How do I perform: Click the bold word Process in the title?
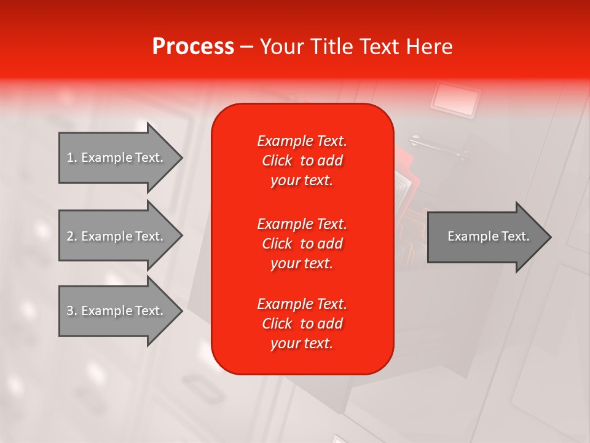pyautogui.click(x=193, y=47)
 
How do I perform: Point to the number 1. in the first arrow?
pyautogui.click(x=72, y=158)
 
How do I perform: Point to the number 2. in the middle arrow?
pyautogui.click(x=72, y=236)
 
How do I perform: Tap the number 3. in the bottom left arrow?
pyautogui.click(x=72, y=311)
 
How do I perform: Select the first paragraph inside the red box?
pyautogui.click(x=302, y=161)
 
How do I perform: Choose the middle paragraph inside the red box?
pyautogui.click(x=302, y=244)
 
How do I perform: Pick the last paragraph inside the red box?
pyautogui.click(x=302, y=324)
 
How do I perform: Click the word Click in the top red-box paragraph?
pyautogui.click(x=277, y=161)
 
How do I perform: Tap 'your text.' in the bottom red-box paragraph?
pyautogui.click(x=302, y=344)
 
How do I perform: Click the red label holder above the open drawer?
pyautogui.click(x=455, y=99)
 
